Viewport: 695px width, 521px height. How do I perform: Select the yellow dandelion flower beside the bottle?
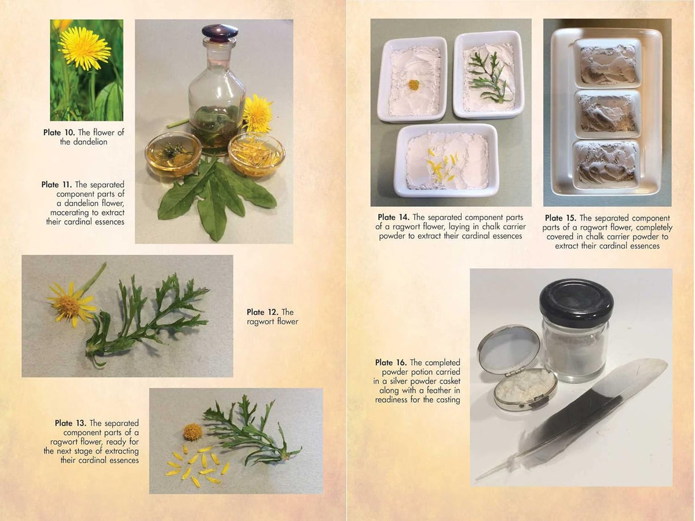coord(257,114)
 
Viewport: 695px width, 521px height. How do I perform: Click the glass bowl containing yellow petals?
coord(256,155)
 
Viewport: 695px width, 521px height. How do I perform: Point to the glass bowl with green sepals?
coord(173,154)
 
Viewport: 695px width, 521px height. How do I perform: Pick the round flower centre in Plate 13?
coord(192,432)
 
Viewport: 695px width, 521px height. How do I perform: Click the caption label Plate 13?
coord(71,423)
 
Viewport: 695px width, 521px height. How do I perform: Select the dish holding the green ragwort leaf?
coord(489,75)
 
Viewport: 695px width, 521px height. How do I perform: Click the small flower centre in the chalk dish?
coord(414,85)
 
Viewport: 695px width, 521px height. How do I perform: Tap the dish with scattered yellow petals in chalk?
coord(446,160)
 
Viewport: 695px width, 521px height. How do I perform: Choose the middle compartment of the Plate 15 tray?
coord(608,113)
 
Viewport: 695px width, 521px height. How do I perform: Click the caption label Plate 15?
coord(561,218)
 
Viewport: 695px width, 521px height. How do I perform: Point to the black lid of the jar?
coord(576,303)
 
